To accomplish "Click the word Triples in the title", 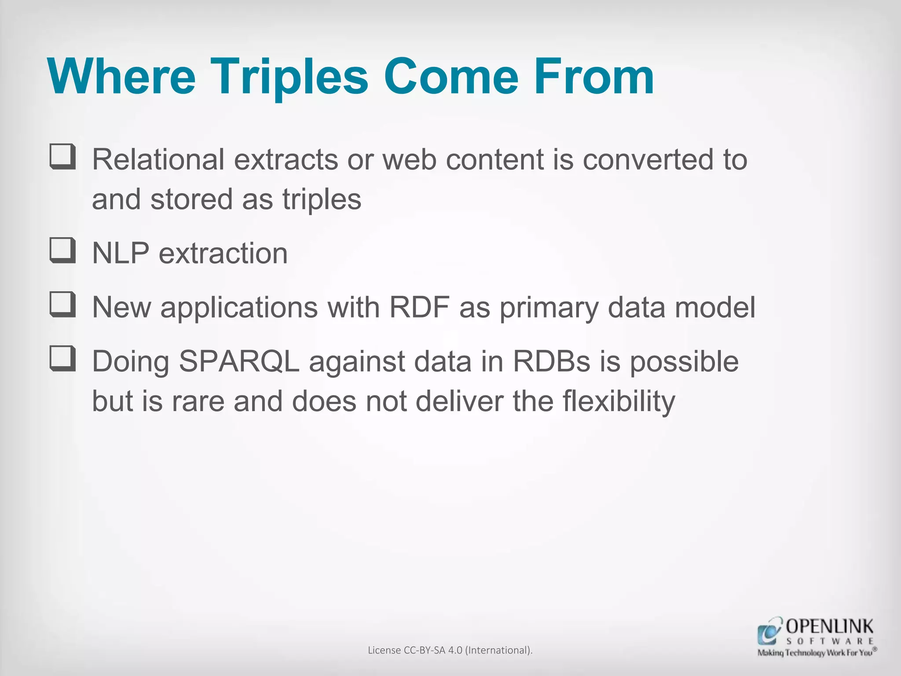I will point(288,77).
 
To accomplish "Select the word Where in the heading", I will point(121,77).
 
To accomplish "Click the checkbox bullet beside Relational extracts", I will point(62,157).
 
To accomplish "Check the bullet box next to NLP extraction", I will point(62,251).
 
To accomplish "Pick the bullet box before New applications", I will point(62,305).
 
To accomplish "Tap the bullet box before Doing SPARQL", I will point(62,359).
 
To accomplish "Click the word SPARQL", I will point(239,362).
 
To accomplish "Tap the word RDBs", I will point(551,362).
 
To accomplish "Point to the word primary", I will point(549,308).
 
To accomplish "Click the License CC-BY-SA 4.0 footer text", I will point(450,650).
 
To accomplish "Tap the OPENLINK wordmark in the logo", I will point(830,626).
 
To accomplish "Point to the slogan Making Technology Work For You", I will point(817,653).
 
